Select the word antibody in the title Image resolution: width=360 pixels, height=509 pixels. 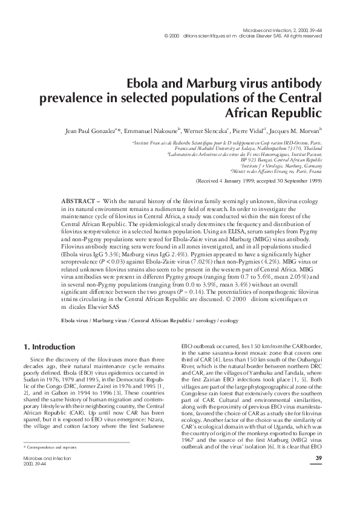pyautogui.click(x=299, y=83)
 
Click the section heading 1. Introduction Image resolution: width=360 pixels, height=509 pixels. pyautogui.click(x=49, y=347)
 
